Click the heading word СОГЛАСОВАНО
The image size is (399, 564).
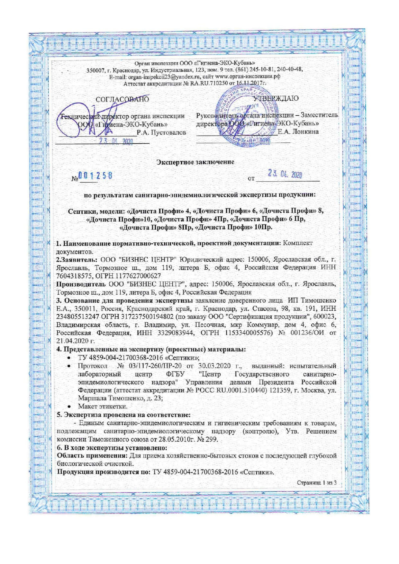122,100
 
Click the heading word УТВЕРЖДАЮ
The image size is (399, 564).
276,98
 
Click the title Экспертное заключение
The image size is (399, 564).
195,162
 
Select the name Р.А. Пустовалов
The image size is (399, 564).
161,132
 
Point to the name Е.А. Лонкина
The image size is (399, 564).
298,131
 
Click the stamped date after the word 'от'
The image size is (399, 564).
285,175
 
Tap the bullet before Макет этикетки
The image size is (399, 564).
68,407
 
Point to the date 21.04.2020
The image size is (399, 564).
72,341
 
